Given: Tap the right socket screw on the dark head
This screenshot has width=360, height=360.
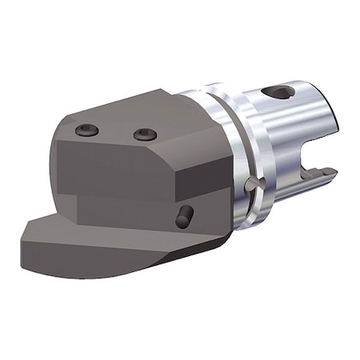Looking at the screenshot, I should [x=145, y=134].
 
